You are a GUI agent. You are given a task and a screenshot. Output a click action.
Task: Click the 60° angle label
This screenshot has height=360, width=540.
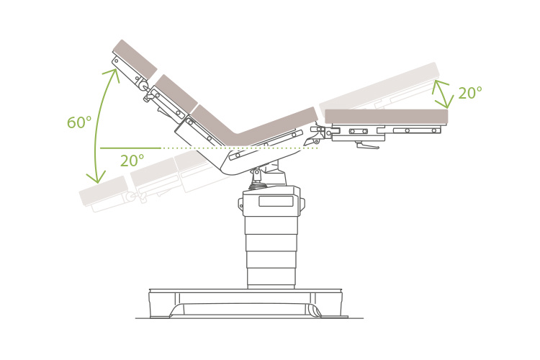(79, 123)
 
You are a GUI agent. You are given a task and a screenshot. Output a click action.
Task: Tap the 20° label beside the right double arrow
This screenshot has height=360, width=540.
(469, 94)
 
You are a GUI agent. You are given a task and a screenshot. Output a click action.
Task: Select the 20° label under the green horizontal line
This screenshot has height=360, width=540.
(132, 161)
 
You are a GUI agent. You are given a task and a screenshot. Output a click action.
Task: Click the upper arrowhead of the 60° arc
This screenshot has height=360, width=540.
(114, 73)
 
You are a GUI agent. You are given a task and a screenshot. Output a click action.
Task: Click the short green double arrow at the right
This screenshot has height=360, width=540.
(441, 94)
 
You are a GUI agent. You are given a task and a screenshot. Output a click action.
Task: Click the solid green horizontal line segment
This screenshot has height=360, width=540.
(130, 148)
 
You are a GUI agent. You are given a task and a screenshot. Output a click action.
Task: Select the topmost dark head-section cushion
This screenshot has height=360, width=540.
(135, 59)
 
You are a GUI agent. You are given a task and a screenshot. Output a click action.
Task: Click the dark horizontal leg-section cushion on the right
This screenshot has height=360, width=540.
(386, 116)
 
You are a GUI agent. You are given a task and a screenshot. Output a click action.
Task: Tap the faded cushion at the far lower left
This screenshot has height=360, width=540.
(103, 190)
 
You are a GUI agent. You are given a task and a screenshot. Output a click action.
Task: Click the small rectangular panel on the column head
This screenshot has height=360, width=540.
(276, 202)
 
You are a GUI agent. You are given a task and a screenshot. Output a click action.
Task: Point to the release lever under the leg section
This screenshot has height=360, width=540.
(367, 146)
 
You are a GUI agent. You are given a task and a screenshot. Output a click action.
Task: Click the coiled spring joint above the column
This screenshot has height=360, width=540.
(257, 185)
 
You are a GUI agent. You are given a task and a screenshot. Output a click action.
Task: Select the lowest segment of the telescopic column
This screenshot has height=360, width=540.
(271, 276)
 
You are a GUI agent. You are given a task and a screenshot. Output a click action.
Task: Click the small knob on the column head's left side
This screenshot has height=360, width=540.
(241, 204)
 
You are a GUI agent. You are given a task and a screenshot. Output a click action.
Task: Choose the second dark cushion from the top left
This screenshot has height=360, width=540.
(176, 94)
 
